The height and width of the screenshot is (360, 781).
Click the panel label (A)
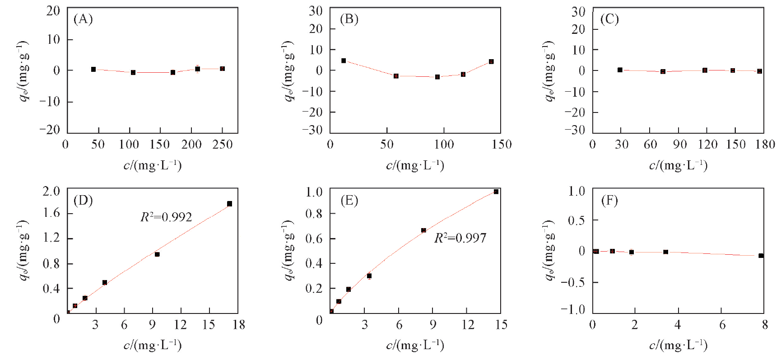pos(83,19)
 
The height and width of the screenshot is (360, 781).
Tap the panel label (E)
pos(349,201)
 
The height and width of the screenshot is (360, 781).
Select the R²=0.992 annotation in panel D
pos(166,217)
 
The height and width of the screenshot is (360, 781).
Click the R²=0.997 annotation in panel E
pos(460,238)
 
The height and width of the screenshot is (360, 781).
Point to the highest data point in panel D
pos(229,204)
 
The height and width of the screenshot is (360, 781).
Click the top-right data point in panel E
pos(496,192)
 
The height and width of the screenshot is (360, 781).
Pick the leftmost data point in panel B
pos(344,61)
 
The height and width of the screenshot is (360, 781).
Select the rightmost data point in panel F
pos(761,256)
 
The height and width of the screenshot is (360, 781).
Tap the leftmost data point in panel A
pos(93,70)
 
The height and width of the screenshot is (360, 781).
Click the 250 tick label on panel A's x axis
pos(223,145)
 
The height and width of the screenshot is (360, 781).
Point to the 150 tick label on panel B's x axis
pos(501,145)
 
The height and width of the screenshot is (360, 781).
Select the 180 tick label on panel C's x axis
pos(765,145)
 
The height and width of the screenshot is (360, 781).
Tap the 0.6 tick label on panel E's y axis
pos(314,238)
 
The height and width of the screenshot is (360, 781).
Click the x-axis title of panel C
pos(678,165)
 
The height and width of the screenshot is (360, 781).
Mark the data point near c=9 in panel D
pos(157,254)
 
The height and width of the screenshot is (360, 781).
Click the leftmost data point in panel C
pos(620,70)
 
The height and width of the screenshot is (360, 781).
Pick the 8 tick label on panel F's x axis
pos(765,325)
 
